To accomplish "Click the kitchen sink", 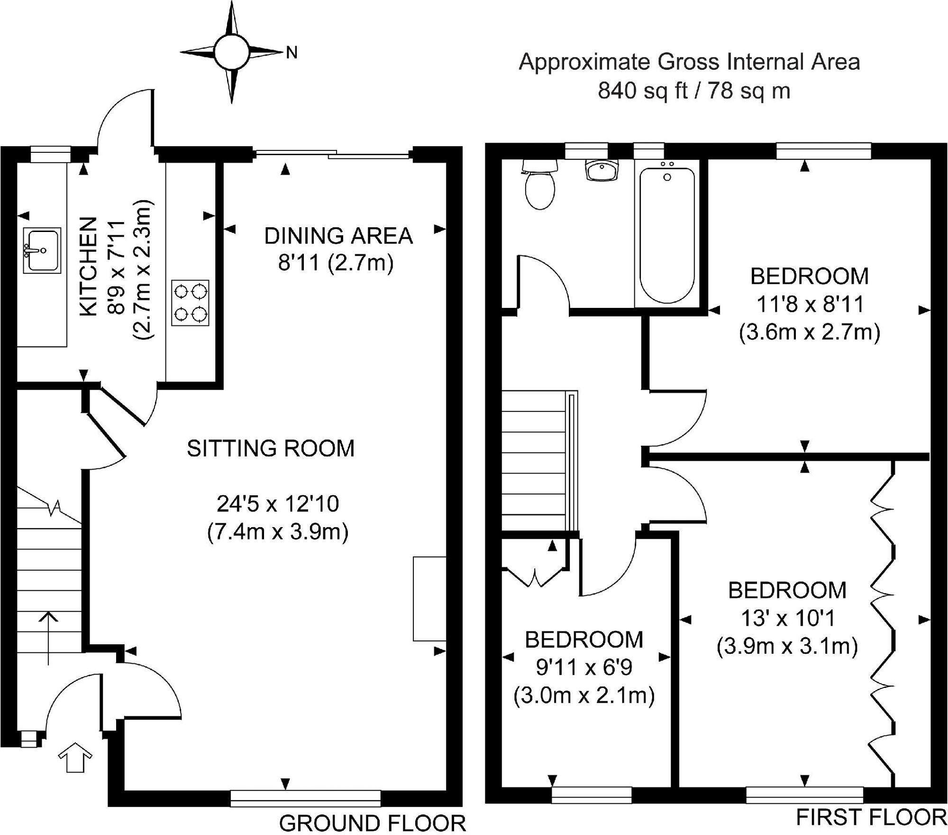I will click(42, 250).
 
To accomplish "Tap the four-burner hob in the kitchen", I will click(190, 303).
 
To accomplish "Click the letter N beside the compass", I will click(292, 53).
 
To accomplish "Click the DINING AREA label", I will click(338, 236).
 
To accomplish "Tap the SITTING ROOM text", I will click(271, 448).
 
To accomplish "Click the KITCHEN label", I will click(89, 266).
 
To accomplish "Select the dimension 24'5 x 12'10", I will click(278, 504).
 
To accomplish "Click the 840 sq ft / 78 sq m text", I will click(693, 90).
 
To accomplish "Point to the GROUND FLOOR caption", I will click(373, 823).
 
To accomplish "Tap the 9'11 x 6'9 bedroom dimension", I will click(584, 668).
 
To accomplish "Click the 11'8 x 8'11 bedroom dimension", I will click(810, 304).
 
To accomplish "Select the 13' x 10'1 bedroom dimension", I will click(787, 618).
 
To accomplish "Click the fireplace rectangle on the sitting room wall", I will click(429, 599).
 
